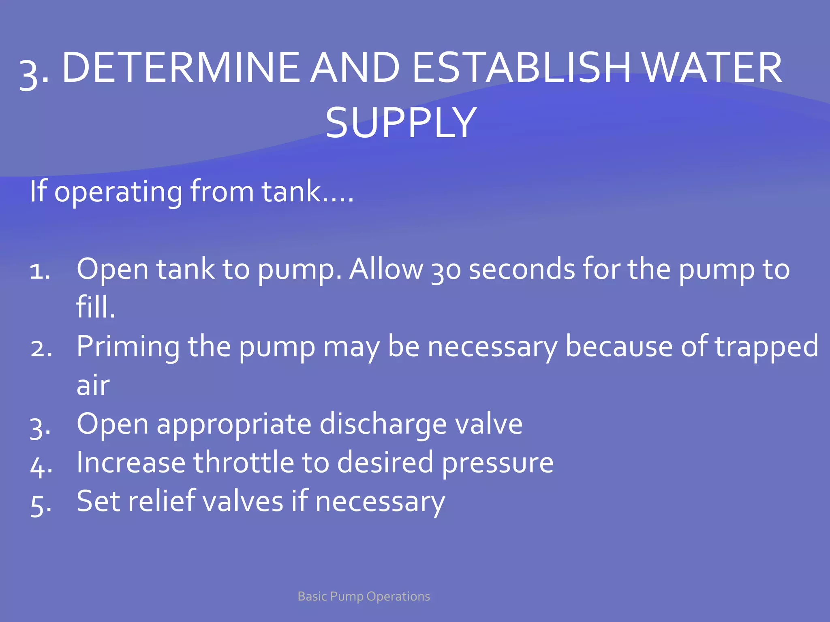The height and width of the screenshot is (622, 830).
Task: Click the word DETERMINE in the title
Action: point(180,68)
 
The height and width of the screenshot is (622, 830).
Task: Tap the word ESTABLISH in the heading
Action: point(521,68)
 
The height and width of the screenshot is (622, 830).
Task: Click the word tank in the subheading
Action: point(291,191)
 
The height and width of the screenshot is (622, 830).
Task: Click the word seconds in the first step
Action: point(522,269)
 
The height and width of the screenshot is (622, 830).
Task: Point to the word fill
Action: point(96,307)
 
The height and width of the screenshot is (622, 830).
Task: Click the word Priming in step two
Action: point(128,347)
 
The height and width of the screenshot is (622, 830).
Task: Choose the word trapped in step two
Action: point(766,347)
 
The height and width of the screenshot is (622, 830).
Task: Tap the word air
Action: point(93,386)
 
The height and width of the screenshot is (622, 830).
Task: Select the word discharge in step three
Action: point(383,425)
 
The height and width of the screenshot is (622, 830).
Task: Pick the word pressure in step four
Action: point(498,463)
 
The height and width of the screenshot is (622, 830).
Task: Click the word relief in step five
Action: point(162,501)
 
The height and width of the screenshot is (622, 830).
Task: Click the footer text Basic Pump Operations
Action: point(364,596)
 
